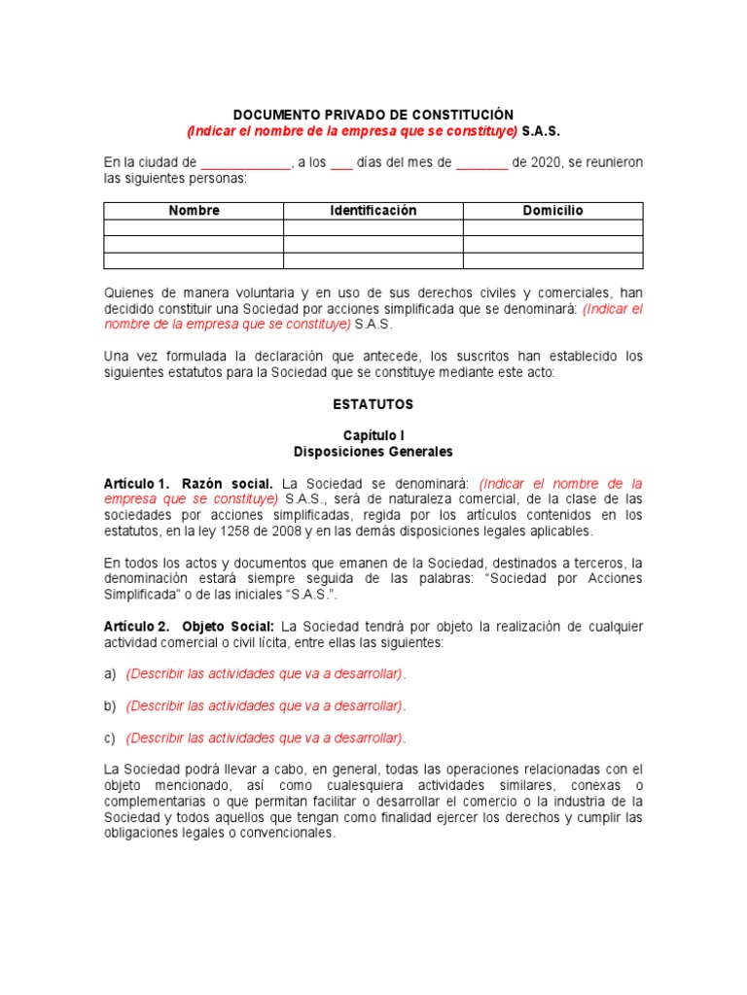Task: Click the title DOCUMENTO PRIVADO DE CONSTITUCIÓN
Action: click(373, 115)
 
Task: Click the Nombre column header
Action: click(194, 211)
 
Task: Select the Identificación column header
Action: click(373, 211)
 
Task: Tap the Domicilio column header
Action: click(552, 211)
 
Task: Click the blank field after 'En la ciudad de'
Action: click(245, 163)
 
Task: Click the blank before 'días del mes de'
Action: click(341, 163)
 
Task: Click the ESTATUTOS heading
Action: click(373, 403)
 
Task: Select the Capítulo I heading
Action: click(373, 436)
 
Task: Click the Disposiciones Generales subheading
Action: click(373, 452)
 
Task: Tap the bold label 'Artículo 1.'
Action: click(137, 484)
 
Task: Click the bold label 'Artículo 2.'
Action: click(137, 626)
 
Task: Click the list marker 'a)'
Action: click(110, 673)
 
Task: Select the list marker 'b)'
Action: click(110, 705)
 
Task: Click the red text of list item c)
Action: click(266, 738)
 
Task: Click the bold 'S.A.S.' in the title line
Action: click(541, 131)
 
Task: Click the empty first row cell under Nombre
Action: click(194, 227)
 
